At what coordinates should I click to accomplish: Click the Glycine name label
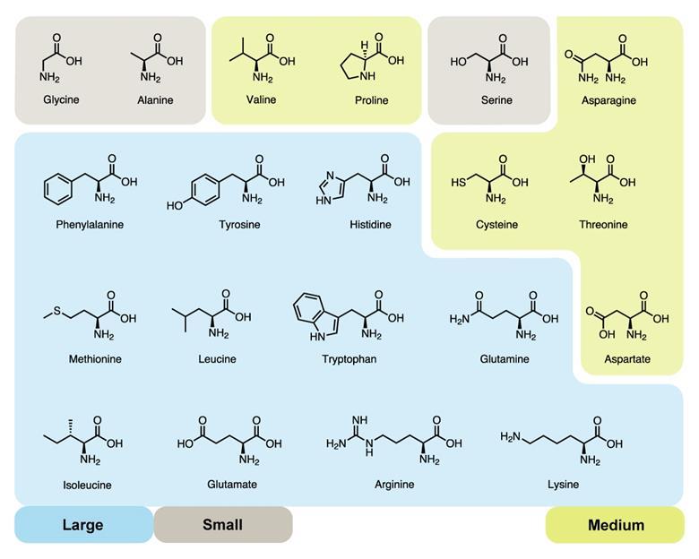tap(61, 99)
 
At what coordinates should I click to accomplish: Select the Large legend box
tap(82, 525)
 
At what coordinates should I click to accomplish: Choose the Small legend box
tap(222, 525)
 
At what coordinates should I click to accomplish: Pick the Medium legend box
tap(615, 525)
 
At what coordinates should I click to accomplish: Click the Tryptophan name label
tap(349, 359)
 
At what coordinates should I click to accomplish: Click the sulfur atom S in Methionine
tap(57, 311)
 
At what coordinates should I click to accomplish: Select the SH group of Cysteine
tap(457, 182)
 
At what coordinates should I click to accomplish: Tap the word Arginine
tap(394, 485)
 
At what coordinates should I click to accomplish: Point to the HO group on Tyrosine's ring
tap(175, 206)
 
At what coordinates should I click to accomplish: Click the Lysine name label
tap(563, 485)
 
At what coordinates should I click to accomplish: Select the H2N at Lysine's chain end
tap(510, 436)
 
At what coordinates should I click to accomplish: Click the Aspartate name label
tap(627, 359)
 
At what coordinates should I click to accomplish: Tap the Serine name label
tap(496, 100)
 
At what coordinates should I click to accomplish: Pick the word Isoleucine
tap(87, 486)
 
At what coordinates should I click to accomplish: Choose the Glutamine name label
tap(504, 359)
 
